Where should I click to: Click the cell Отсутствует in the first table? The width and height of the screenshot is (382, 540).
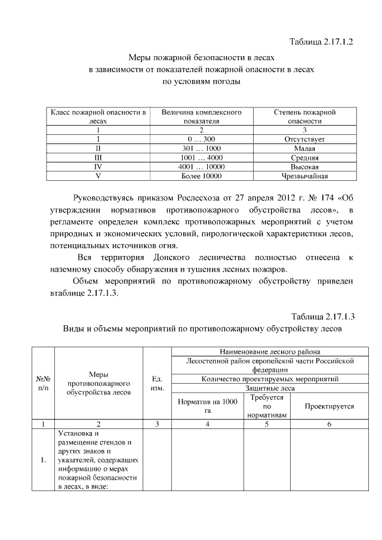coord(304,139)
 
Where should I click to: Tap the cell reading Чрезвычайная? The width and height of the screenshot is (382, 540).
coord(304,177)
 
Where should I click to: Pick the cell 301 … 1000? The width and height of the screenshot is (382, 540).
coord(201,149)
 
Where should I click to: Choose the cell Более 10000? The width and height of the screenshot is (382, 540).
coord(201,177)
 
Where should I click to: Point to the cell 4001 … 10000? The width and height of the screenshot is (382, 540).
coord(201,167)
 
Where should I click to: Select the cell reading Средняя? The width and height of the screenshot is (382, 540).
coord(304,158)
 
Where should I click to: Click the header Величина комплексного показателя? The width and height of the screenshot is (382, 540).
coord(201,116)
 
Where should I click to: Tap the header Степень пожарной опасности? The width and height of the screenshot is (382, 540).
coord(304,116)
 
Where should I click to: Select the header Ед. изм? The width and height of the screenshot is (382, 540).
coord(158,383)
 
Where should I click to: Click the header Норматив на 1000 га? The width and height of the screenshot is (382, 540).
coord(208,406)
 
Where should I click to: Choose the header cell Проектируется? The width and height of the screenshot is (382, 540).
coord(329,406)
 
